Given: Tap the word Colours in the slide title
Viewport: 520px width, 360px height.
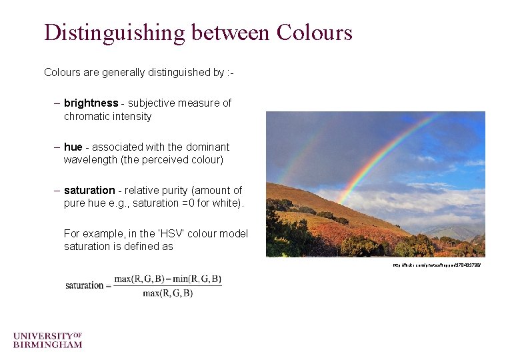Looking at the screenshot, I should pos(313,32).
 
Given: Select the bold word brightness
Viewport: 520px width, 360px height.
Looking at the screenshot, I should pos(91,103).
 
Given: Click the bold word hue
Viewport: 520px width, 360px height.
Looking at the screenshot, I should pos(73,147).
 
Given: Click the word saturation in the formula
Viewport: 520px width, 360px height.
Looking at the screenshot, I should pos(85,285).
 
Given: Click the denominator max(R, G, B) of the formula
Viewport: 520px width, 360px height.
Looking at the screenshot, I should pos(167,293).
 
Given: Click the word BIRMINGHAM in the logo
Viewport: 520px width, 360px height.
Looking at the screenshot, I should pos(47,345).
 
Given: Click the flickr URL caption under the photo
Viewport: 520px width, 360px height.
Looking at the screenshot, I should pos(436,265).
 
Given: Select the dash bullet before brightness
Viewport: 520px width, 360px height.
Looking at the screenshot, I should pos(57,103).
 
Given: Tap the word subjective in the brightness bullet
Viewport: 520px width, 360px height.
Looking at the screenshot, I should pos(152,103).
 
